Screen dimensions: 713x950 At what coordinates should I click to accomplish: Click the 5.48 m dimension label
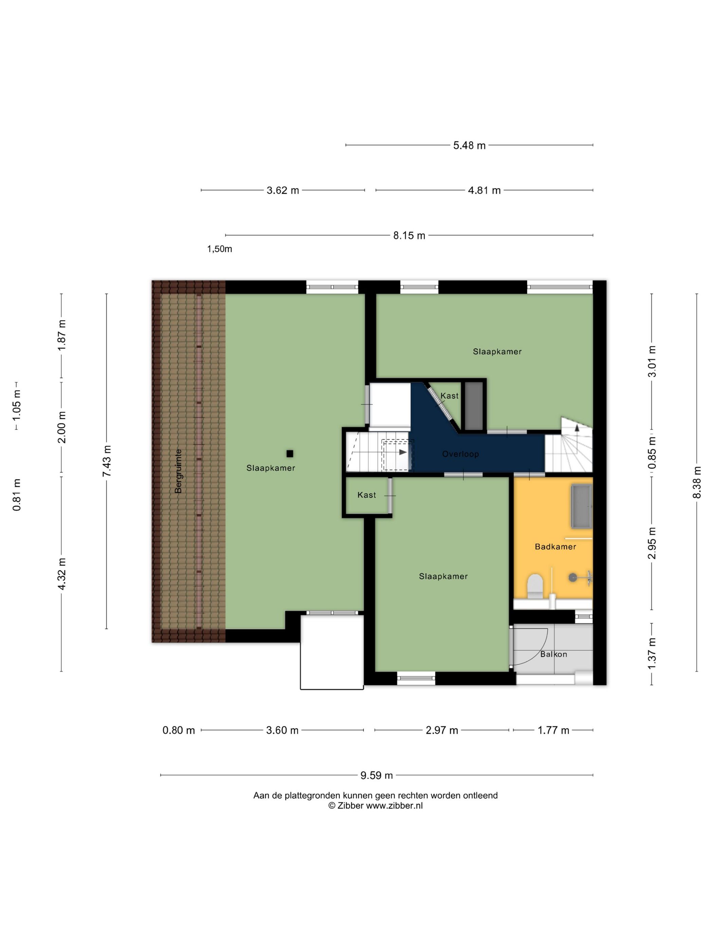469,146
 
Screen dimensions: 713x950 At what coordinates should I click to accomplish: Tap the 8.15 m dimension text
409,235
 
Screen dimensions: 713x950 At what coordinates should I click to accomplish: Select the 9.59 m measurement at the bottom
377,775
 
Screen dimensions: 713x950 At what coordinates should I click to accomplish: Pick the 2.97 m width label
442,730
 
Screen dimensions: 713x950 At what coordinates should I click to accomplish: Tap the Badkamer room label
555,547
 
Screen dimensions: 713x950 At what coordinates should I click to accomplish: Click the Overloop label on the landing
460,454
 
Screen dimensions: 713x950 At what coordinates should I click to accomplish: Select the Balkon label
553,654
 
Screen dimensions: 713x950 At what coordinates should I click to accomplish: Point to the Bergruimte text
178,471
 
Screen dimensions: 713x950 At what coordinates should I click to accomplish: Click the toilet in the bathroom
535,586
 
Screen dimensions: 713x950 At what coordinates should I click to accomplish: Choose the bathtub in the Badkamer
582,506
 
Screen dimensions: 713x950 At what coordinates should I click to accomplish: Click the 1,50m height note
220,249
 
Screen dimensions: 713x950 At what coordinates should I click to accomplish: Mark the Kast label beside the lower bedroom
367,495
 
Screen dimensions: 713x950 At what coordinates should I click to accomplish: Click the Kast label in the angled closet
450,396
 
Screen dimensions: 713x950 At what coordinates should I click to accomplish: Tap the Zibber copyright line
376,806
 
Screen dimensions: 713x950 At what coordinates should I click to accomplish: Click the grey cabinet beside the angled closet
474,406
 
